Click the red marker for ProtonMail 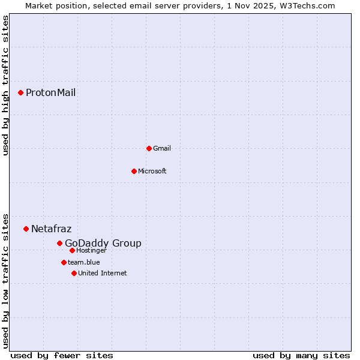(x=20, y=92)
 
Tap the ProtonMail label (x=50, y=92)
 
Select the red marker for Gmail (x=149, y=148)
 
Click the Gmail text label (x=162, y=148)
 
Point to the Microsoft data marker (x=134, y=171)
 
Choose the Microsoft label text (x=152, y=171)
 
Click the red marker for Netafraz (x=26, y=229)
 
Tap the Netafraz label (x=51, y=229)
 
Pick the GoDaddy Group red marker (x=59, y=243)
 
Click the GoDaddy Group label (x=103, y=243)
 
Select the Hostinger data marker (x=72, y=250)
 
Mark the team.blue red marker (x=64, y=262)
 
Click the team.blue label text (x=84, y=262)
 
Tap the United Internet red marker (x=74, y=273)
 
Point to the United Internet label (x=103, y=273)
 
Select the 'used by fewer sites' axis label (x=62, y=355)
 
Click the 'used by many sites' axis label (x=301, y=355)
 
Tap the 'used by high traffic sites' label (x=5, y=85)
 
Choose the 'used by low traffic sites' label (x=5, y=280)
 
